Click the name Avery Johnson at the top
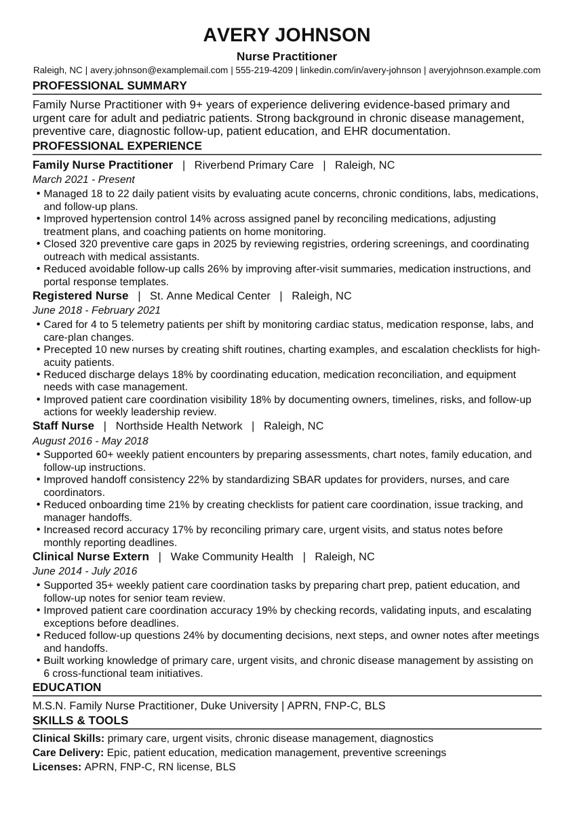point(287,35)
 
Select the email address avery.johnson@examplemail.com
point(159,70)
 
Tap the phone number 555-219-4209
point(264,70)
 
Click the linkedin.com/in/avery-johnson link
point(360,70)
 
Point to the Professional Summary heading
point(110,86)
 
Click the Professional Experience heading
point(117,146)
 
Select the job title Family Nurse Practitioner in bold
point(102,165)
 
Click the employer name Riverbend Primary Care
point(254,165)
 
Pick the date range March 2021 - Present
point(83,180)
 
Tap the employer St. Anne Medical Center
point(210,296)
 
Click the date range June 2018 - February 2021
point(96,310)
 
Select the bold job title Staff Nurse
point(63,426)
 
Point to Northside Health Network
point(179,426)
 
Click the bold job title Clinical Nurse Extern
point(91,557)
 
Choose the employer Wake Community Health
point(232,557)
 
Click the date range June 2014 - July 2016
point(85,571)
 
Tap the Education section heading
point(66,688)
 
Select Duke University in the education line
point(239,706)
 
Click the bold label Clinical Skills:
point(68,738)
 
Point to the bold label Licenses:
point(57,767)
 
